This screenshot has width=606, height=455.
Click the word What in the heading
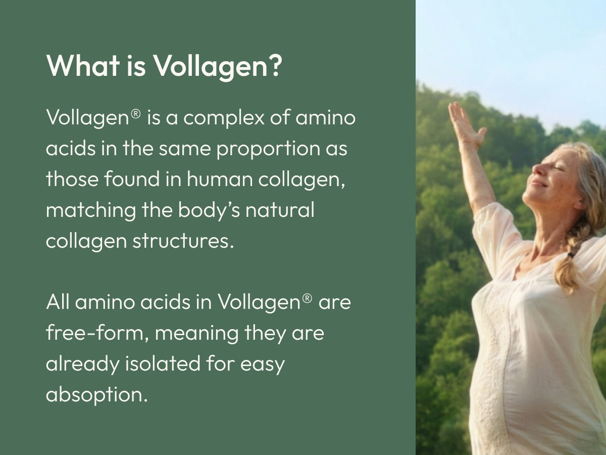tap(83, 66)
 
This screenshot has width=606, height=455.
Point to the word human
tap(220, 179)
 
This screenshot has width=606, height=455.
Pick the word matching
tap(91, 210)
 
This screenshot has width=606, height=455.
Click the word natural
tap(280, 210)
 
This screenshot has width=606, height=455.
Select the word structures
tap(183, 241)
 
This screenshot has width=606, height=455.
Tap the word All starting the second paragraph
tap(58, 302)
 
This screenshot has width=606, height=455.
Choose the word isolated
tap(163, 363)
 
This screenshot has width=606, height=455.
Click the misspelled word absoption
tap(96, 395)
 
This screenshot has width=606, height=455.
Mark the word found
tap(132, 179)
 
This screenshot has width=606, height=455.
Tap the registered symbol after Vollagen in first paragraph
tap(135, 114)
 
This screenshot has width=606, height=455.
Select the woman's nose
tap(537, 169)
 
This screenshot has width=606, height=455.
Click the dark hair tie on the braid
tap(570, 254)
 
